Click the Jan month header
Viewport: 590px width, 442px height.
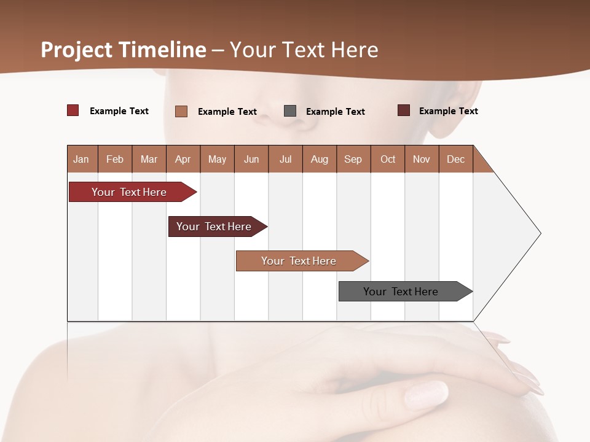(x=82, y=159)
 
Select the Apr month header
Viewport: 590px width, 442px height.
(x=183, y=159)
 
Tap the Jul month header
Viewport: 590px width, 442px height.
(x=285, y=159)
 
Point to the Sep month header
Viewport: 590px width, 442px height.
(x=353, y=159)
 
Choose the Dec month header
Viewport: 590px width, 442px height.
(x=455, y=159)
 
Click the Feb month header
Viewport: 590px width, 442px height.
(x=115, y=159)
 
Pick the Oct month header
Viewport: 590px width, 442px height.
(x=388, y=159)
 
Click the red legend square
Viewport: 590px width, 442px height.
(x=73, y=110)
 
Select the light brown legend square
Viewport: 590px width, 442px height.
(x=181, y=111)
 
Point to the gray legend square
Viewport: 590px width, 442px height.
(x=290, y=111)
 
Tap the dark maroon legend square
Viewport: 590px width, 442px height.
(x=404, y=110)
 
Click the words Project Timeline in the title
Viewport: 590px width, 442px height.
(x=124, y=50)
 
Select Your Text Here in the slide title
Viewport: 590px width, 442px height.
(x=304, y=50)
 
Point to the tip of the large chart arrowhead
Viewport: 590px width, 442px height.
(x=540, y=233)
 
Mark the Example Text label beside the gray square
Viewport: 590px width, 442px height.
(x=335, y=112)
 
